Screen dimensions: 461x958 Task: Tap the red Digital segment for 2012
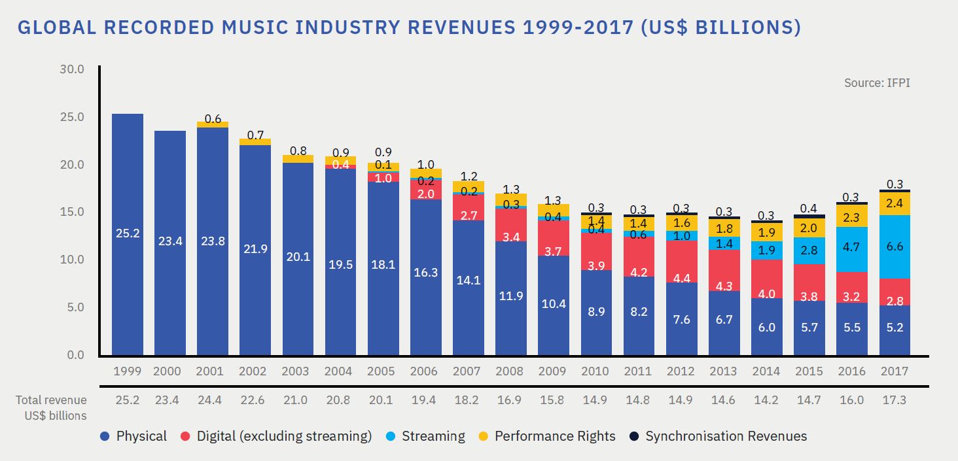point(681,262)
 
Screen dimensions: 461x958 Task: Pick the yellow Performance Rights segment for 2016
point(851,216)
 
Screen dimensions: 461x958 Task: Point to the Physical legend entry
point(134,436)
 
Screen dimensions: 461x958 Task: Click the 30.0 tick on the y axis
point(72,69)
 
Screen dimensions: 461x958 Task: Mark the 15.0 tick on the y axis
point(72,212)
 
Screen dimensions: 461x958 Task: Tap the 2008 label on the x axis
point(509,371)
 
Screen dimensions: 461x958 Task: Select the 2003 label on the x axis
point(295,371)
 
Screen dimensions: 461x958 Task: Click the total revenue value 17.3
point(894,400)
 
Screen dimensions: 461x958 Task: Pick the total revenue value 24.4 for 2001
point(210,400)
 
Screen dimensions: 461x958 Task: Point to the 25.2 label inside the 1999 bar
point(128,233)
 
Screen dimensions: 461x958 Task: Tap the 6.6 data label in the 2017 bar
point(894,247)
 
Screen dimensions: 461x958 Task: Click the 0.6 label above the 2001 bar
point(213,119)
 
